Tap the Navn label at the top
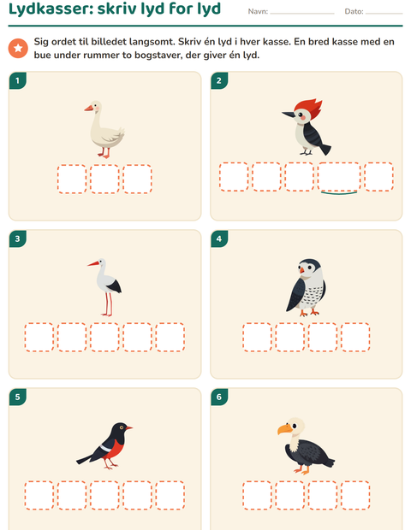point(258,11)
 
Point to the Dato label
point(354,11)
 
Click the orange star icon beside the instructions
point(18,48)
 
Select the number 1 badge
point(18,81)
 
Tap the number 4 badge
point(219,239)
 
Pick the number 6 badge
point(219,397)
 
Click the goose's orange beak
point(89,109)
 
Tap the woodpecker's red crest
point(310,108)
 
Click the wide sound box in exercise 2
point(339,177)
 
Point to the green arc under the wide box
point(339,193)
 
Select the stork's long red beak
point(93,263)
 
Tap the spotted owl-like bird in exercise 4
point(307,287)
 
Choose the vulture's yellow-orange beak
point(284,429)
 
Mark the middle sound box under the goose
point(104,180)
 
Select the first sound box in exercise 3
point(39,338)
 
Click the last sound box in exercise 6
point(355,495)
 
